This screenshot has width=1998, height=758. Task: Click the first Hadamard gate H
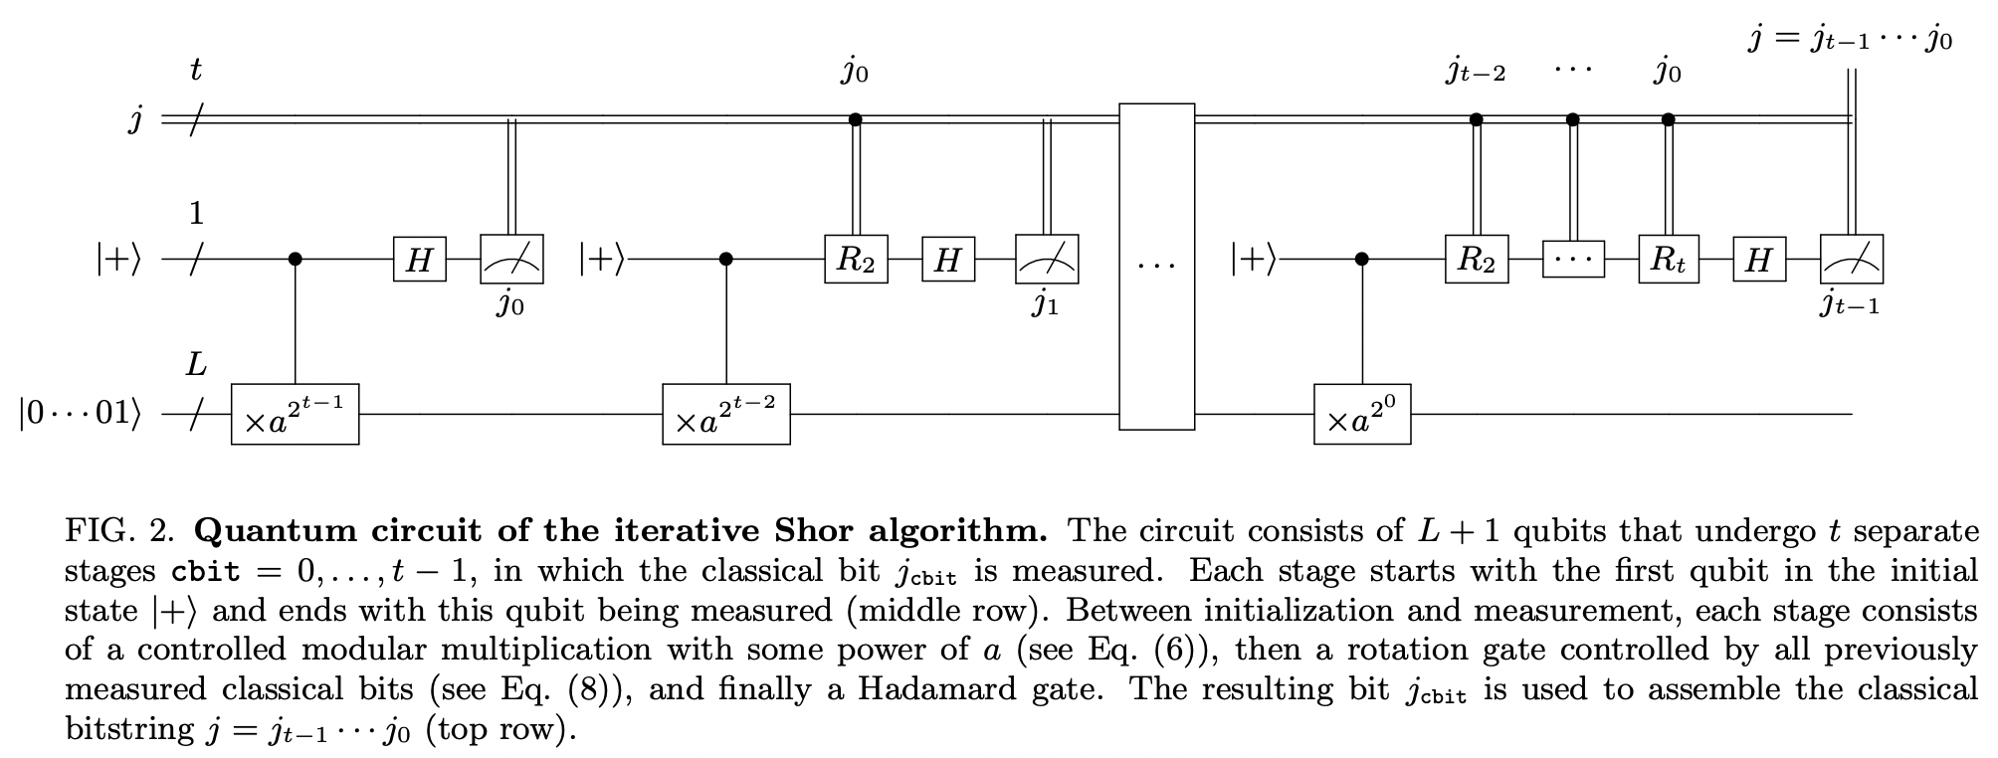tap(420, 260)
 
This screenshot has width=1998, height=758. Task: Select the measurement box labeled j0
tap(511, 260)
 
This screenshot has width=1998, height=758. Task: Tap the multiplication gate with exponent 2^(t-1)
tap(296, 414)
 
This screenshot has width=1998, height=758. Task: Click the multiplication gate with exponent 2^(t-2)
tap(726, 414)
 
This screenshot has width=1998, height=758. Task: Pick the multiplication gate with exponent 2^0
tap(1362, 414)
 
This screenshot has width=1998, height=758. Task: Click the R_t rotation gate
tap(1669, 260)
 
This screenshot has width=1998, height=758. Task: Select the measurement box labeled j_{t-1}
tap(1851, 260)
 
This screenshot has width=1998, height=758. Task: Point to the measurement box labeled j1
tap(1046, 260)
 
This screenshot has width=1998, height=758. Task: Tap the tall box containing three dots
tap(1156, 267)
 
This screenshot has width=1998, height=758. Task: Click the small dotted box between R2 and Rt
tap(1573, 260)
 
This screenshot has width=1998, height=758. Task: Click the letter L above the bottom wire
tap(197, 365)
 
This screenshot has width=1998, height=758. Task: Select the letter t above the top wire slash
tap(196, 71)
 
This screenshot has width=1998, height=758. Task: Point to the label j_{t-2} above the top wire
tap(1476, 73)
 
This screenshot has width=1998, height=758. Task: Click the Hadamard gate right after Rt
tap(1759, 260)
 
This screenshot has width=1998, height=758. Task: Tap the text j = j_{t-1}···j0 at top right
tap(1850, 40)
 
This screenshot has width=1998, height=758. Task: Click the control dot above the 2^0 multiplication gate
tap(1362, 260)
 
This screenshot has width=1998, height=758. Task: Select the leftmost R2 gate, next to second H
tap(856, 260)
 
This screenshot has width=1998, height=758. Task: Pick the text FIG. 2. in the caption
tap(120, 530)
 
